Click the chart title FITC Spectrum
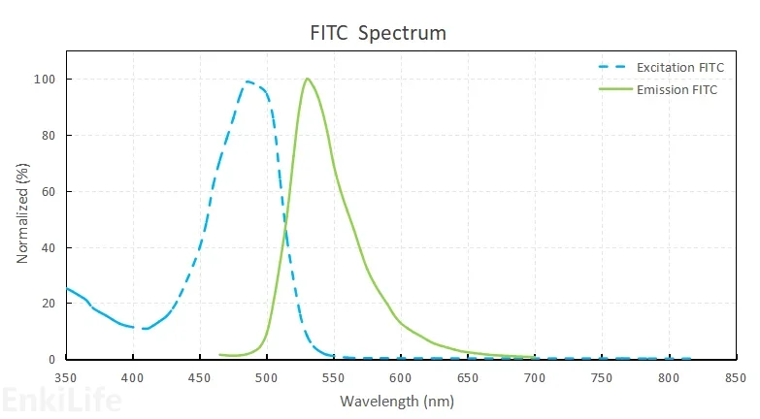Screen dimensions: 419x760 [378, 33]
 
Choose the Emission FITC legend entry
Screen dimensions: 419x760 [674, 89]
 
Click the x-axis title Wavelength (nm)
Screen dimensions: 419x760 [397, 401]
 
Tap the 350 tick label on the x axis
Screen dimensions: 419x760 [66, 376]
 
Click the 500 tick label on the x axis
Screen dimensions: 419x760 [267, 376]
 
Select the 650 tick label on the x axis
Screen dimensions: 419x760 [468, 376]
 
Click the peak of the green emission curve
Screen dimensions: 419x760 [307, 79]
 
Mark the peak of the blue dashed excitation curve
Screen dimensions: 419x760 [248, 81]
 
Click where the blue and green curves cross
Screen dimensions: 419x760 [285, 227]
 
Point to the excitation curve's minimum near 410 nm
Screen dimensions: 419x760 [146, 329]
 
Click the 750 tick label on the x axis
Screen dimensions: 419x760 [602, 376]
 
